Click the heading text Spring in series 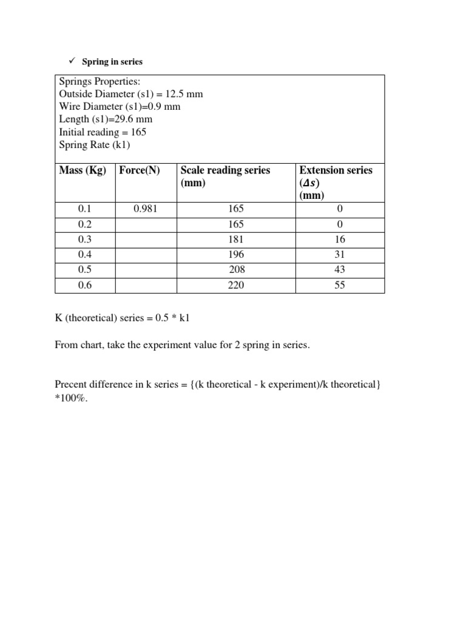click(x=112, y=62)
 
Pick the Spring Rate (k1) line click(x=95, y=144)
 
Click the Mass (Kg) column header click(x=83, y=170)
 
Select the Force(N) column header click(x=140, y=170)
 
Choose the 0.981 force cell click(x=146, y=209)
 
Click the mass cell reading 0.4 click(x=84, y=254)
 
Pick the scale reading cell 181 click(x=235, y=239)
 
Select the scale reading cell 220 click(x=235, y=284)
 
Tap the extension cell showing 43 click(x=340, y=269)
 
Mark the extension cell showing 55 click(x=340, y=284)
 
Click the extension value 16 click(x=340, y=239)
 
